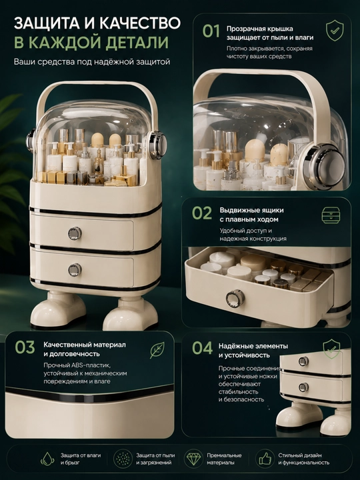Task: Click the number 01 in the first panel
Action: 211,31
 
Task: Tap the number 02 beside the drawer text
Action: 202,213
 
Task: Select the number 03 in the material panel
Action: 25,347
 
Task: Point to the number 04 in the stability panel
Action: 202,348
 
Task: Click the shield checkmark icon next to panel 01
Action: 335,30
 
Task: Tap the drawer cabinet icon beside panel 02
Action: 331,215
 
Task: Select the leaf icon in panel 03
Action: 157,350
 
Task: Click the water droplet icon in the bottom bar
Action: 47,459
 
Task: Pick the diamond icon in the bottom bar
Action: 193,459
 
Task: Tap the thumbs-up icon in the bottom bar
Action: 265,459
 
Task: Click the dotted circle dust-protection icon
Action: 123,459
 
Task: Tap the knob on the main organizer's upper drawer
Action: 75,233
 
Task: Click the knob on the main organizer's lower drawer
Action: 75,270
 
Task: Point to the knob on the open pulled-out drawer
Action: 235,298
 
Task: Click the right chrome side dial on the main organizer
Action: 158,145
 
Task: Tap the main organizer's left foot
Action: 57,310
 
